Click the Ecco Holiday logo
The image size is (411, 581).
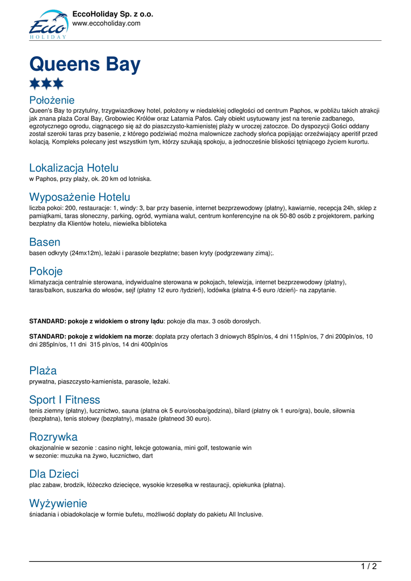[48, 24]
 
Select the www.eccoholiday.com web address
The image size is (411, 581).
[106, 23]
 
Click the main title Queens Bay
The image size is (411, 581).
[84, 64]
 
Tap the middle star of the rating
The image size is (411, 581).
[46, 84]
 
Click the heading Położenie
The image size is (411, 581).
[52, 100]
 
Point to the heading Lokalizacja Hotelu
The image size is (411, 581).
[74, 168]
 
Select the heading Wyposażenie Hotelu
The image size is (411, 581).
[79, 197]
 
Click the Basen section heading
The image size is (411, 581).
[45, 242]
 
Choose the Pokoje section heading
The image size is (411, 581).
[46, 271]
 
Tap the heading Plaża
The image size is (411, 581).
[43, 371]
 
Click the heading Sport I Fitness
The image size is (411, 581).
[65, 399]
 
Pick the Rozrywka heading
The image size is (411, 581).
[53, 437]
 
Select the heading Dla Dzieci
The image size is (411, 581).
[54, 474]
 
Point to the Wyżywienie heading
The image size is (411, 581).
[58, 503]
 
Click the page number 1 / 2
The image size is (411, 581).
[368, 566]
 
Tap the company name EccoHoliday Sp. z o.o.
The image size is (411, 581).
[113, 14]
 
